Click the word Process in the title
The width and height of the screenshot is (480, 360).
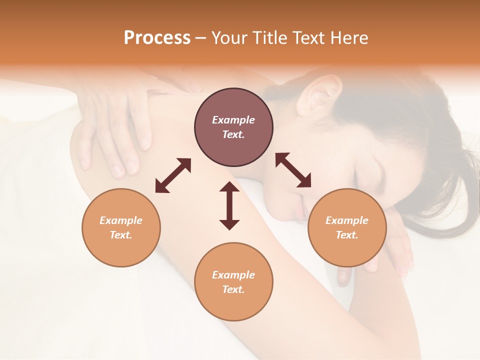pos(157,38)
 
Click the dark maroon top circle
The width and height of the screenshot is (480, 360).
pos(233,127)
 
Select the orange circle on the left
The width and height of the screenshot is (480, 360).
pos(121,227)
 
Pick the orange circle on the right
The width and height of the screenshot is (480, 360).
pos(347,227)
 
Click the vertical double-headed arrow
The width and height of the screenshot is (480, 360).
pos(229,205)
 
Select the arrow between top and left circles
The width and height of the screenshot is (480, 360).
pos(173,175)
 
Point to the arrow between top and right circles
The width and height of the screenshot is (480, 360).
pos(293,170)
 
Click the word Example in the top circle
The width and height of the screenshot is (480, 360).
pos(233,120)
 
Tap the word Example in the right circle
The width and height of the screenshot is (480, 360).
pos(347,220)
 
